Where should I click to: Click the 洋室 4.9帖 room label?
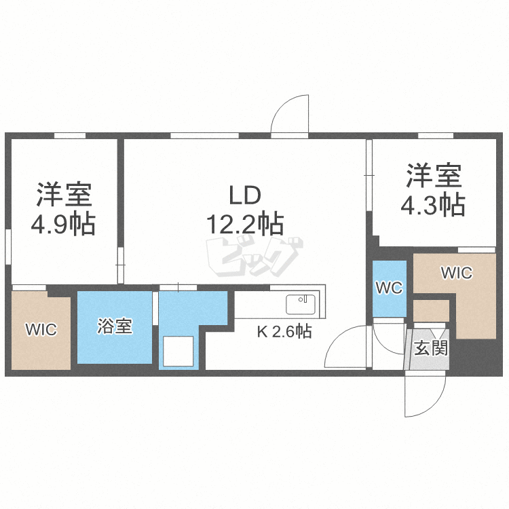[x=65, y=208]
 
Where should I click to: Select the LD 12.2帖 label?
[x=244, y=208]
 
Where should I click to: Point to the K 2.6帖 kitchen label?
[x=284, y=332]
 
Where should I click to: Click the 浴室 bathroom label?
[x=114, y=326]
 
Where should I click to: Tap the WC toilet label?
[x=389, y=288]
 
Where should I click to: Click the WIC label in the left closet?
[x=41, y=330]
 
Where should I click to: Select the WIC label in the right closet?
[x=456, y=274]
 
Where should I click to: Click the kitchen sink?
[x=301, y=305]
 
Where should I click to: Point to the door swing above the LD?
[x=290, y=115]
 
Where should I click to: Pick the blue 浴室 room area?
[x=114, y=327]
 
